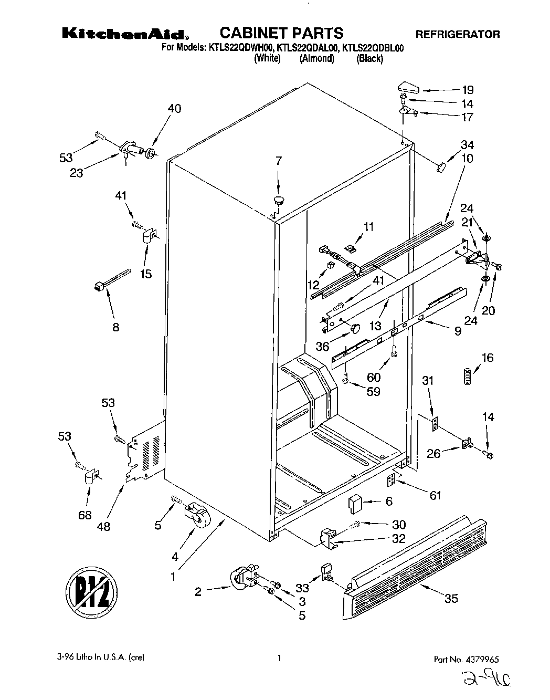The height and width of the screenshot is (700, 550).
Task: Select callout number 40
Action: click(174, 109)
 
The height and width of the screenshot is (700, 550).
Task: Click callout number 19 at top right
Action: click(468, 90)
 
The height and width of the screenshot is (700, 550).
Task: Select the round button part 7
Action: click(278, 200)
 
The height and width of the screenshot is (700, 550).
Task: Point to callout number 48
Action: click(104, 526)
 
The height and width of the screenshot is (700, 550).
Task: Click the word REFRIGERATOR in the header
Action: click(458, 35)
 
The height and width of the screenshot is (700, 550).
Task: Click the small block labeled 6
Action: click(356, 503)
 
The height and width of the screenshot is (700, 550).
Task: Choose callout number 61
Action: click(436, 495)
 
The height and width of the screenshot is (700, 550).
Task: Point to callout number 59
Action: click(373, 391)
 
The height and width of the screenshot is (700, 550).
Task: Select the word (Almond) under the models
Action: click(316, 59)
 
